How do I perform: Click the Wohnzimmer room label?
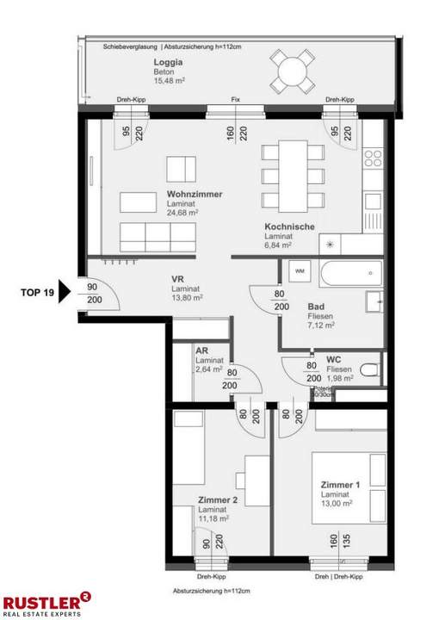(x=195, y=195)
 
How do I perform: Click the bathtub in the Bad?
(x=349, y=276)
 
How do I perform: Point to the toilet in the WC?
(x=368, y=370)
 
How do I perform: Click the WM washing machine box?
(x=300, y=271)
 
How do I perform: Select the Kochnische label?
(x=289, y=226)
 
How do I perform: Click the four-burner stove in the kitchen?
(x=373, y=158)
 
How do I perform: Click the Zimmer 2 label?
(x=218, y=499)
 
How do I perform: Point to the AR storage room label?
(x=201, y=351)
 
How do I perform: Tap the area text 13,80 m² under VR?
(x=186, y=297)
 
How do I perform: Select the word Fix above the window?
(x=235, y=101)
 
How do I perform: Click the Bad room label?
(x=316, y=307)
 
